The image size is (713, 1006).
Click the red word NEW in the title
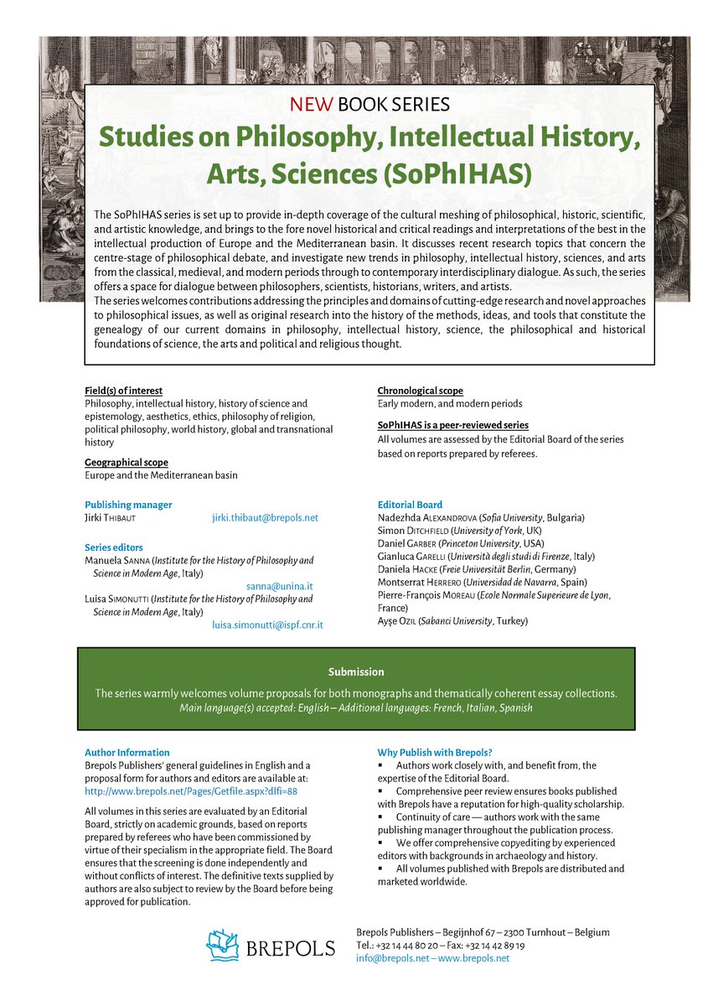313,105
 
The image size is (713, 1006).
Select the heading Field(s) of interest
123,391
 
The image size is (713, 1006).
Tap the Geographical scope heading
126,462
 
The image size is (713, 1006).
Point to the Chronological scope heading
420,391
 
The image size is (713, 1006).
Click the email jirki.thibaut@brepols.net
265,518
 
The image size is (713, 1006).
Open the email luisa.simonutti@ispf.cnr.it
267,625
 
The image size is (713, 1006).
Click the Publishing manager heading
128,505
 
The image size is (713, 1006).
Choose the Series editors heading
113,547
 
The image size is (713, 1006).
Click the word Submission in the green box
356,672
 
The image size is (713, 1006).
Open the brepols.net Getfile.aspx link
191,790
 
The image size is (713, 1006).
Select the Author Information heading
127,752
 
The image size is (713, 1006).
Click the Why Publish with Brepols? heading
434,752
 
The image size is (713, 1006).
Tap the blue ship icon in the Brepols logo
224,945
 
